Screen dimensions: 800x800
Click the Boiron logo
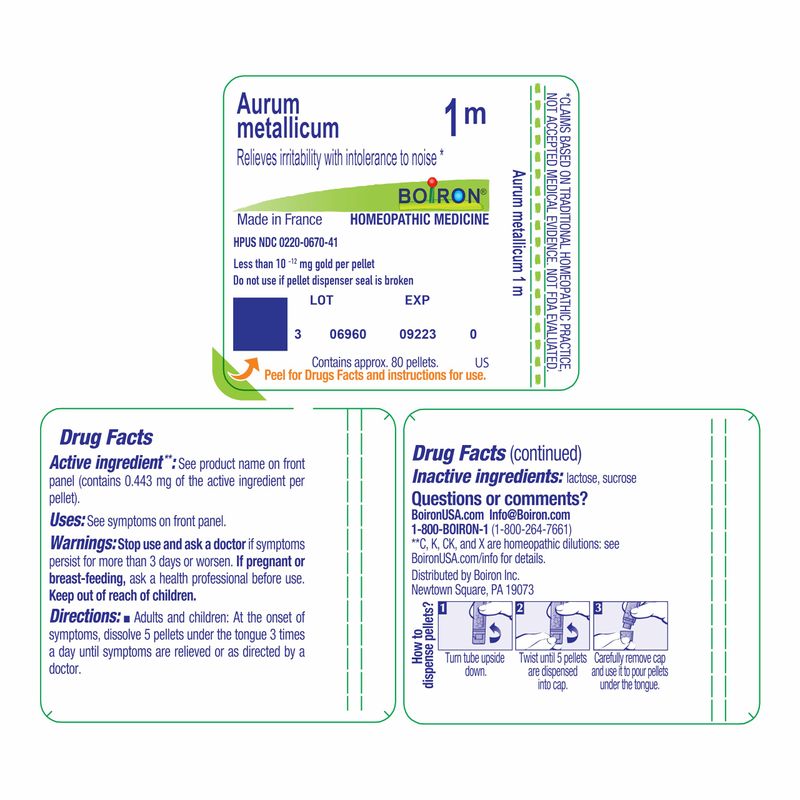click(x=441, y=195)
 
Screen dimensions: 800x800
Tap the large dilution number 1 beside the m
click(x=451, y=117)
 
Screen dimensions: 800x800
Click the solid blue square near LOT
click(x=260, y=324)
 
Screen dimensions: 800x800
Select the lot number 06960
click(x=347, y=334)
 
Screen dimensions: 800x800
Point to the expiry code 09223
click(x=417, y=334)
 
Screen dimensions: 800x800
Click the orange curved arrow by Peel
click(x=244, y=368)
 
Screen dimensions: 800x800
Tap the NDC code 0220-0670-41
click(x=308, y=242)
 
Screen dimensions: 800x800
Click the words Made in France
click(x=280, y=219)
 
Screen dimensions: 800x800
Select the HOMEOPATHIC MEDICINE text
click(x=419, y=219)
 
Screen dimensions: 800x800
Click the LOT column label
click(x=321, y=300)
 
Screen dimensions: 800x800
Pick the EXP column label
click(x=417, y=300)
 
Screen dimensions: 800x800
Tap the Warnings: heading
click(x=83, y=543)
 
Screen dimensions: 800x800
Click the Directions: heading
click(x=85, y=616)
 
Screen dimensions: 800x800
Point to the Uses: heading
click(x=67, y=520)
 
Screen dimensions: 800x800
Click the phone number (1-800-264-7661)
click(x=531, y=530)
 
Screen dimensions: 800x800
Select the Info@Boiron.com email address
click(x=530, y=515)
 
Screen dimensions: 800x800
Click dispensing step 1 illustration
click(x=475, y=626)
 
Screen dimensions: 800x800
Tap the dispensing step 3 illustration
click(x=630, y=626)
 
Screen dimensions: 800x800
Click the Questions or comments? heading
click(x=499, y=498)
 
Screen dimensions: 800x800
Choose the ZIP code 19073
click(x=520, y=590)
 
